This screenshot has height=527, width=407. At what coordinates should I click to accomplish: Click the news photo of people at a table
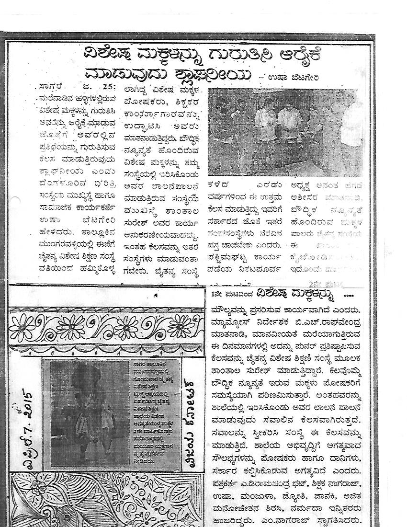click(x=286, y=132)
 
